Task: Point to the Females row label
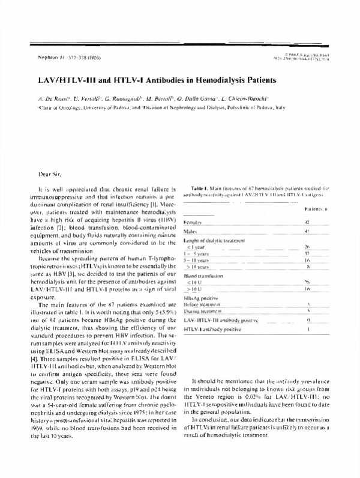pyautogui.click(x=192, y=223)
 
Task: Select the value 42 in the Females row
pyautogui.click(x=324, y=222)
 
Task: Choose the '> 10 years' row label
pyautogui.click(x=198, y=265)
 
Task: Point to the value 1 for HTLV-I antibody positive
pyautogui.click(x=325, y=330)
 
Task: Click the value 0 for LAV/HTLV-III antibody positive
pyautogui.click(x=324, y=321)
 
